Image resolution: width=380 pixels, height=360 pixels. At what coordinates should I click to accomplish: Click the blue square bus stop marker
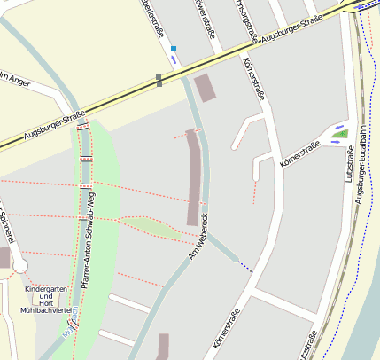tap(174, 49)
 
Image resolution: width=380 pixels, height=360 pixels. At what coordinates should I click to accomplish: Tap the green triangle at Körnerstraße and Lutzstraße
tap(340, 134)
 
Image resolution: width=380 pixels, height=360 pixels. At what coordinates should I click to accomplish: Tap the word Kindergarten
tap(46, 290)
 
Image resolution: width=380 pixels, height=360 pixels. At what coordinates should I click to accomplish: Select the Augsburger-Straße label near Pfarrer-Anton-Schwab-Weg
tap(53, 126)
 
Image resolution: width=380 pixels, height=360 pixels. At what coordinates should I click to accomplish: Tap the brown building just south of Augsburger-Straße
tap(204, 88)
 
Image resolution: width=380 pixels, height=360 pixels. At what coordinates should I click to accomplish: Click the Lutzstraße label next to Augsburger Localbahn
tap(348, 166)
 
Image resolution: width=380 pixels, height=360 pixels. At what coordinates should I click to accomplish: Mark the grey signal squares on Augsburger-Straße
tap(159, 81)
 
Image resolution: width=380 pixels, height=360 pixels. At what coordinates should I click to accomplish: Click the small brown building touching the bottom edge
tap(162, 347)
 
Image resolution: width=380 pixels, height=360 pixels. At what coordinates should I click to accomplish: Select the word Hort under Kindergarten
tap(46, 301)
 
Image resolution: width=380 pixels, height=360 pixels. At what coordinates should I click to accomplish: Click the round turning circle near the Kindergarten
tap(19, 266)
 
